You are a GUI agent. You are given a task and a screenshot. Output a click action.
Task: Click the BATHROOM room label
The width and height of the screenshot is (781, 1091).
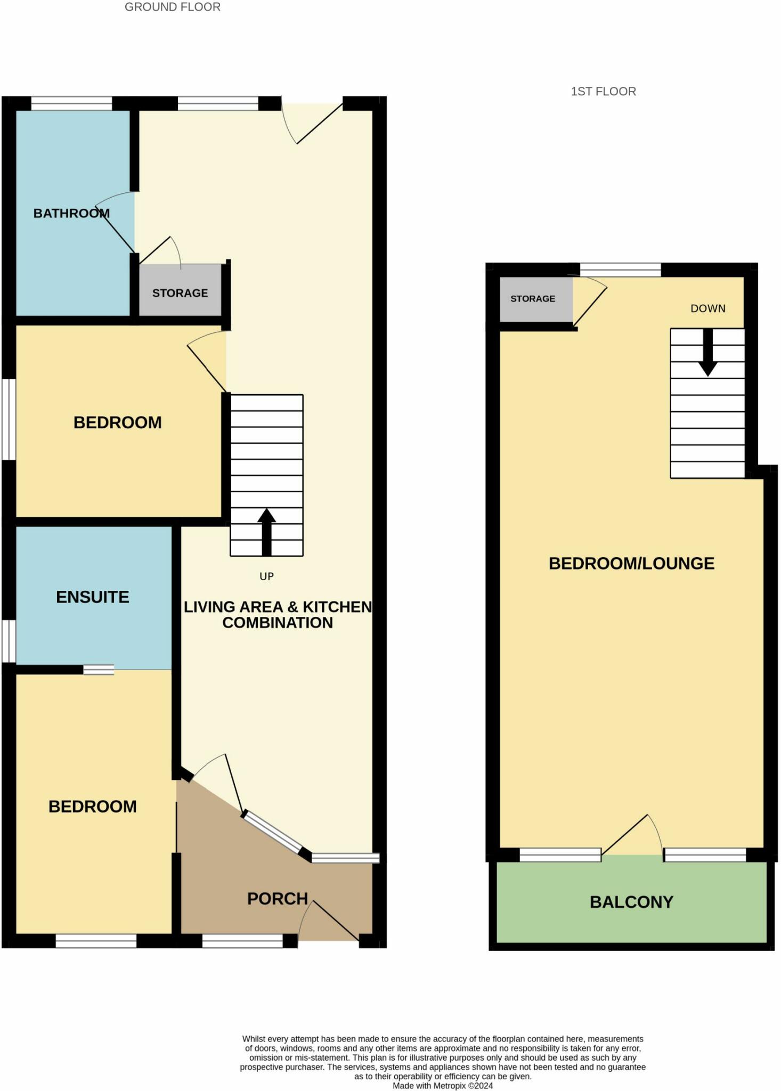point(71,213)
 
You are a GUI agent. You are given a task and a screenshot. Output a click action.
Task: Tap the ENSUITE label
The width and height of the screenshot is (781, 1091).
point(93,597)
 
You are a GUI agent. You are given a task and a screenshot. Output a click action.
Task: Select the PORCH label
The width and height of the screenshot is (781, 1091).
point(278,899)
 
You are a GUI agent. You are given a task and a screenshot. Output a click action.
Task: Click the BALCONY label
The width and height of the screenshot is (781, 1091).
point(631,902)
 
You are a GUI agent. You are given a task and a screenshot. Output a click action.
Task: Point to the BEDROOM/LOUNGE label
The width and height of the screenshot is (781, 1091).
point(631,563)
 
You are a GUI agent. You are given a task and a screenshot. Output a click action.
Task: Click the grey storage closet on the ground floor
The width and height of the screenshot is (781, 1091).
point(180,292)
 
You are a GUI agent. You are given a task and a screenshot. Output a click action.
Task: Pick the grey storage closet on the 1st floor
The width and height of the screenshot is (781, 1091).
point(533,299)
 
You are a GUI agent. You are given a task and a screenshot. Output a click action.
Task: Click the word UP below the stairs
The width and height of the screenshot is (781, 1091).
point(266,576)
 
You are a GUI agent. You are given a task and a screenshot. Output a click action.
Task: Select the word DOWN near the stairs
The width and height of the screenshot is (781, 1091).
point(707,308)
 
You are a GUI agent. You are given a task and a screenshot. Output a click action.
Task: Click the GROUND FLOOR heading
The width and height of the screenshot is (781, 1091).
point(172,7)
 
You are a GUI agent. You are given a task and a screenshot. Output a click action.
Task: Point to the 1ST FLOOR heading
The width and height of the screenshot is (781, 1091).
point(603,92)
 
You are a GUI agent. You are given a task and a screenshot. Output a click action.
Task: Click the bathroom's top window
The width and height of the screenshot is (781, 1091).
point(71,103)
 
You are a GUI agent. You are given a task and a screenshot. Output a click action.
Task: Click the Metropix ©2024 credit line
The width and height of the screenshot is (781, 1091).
point(443,1086)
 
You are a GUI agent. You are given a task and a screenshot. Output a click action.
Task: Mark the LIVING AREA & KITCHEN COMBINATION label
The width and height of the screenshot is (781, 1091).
point(278,615)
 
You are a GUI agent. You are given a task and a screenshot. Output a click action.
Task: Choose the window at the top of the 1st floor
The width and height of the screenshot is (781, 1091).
point(620,270)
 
